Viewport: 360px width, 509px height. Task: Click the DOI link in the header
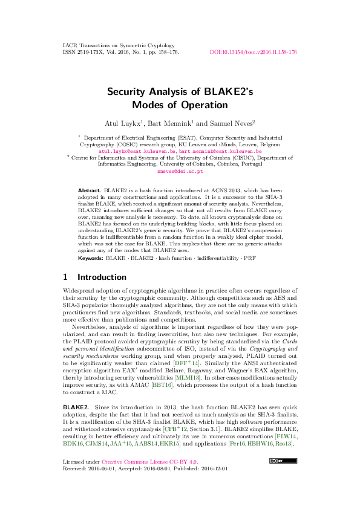tap(253, 53)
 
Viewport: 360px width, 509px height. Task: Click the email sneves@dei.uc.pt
tap(180, 171)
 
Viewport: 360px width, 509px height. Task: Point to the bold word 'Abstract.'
tap(90, 190)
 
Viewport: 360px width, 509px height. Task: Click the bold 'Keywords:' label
tap(91, 258)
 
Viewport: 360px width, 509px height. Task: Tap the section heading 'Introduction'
tap(102, 277)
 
